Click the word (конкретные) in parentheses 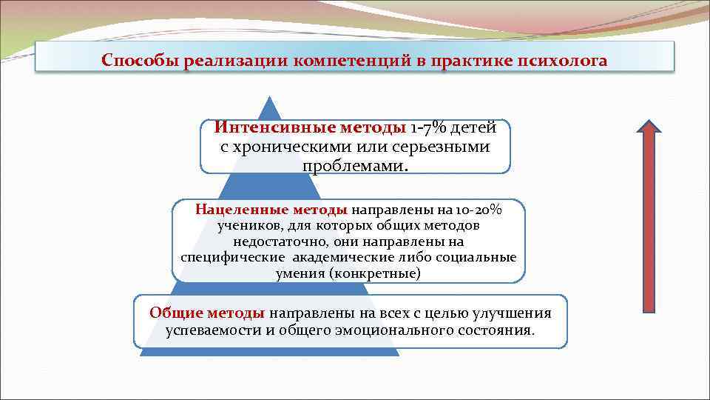[x=375, y=273]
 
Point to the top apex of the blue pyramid [x=270, y=97]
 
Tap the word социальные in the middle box [x=478, y=257]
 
